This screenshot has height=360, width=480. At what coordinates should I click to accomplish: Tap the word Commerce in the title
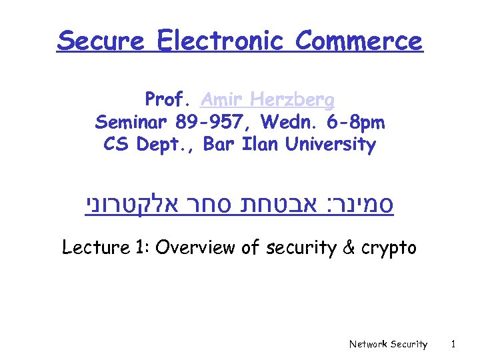pos(359,41)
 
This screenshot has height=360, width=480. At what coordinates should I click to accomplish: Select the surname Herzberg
pos(294,101)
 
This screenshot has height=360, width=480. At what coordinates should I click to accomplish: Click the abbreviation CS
pos(117,144)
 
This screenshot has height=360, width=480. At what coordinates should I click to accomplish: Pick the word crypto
pos(389,249)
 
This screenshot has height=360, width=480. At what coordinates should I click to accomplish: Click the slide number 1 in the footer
pos(453,344)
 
